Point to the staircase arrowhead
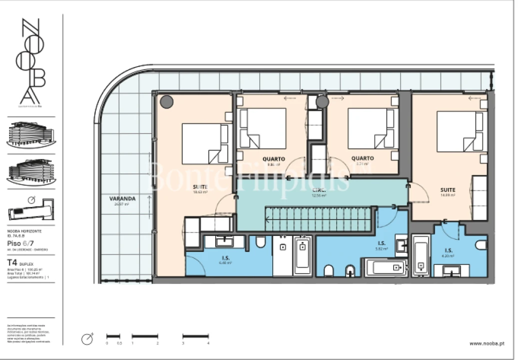point(268,218)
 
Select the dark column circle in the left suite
point(166,101)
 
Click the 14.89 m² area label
point(448,195)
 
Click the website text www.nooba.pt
point(487,343)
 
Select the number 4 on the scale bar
point(208,343)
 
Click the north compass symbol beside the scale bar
point(87,338)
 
